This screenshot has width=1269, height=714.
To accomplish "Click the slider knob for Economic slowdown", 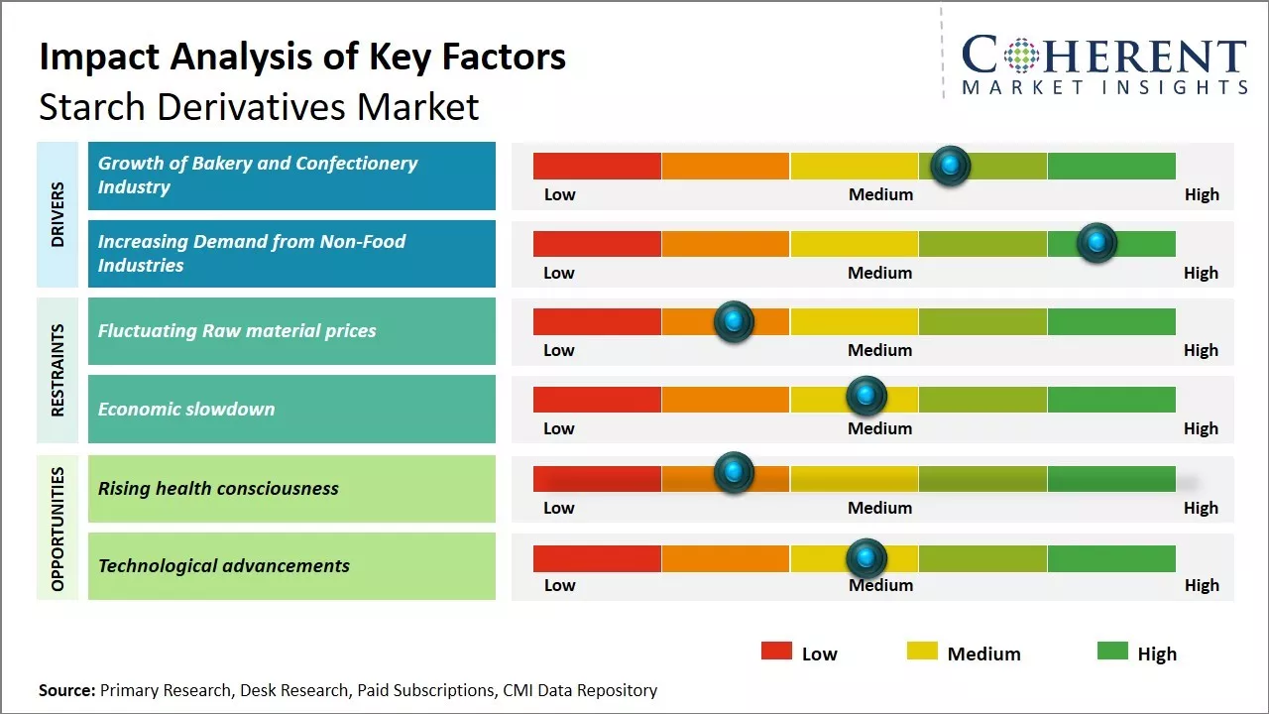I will (x=866, y=397).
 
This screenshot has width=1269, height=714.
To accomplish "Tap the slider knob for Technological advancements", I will (x=866, y=558).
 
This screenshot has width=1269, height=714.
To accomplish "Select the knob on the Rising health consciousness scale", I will (x=734, y=473).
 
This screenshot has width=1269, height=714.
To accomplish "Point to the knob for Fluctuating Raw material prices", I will (x=734, y=320).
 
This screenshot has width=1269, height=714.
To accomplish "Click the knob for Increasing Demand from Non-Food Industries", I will (x=1096, y=243).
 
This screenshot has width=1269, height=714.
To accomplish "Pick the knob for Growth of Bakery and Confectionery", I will (x=951, y=165).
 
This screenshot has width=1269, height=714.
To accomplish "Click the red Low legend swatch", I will (x=776, y=652).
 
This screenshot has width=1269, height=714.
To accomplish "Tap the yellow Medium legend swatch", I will (x=922, y=652).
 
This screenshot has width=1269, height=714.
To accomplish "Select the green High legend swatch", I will (x=1112, y=652).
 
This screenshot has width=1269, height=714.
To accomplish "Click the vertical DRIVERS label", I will (x=58, y=214).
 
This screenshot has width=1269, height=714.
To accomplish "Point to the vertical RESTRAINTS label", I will (x=58, y=370).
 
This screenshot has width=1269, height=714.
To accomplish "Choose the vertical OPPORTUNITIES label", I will (x=58, y=528).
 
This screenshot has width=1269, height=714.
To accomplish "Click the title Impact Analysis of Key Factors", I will (x=302, y=57).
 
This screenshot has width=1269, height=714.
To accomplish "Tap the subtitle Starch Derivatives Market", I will (x=259, y=106).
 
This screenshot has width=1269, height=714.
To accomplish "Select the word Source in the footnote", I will (x=66, y=690).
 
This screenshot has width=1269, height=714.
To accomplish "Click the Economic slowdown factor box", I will (x=291, y=409).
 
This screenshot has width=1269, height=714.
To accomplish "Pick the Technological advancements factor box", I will (x=291, y=566).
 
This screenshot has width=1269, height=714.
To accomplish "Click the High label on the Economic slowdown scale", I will (x=1201, y=428).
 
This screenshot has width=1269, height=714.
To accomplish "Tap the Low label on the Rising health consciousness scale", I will (x=559, y=508).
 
